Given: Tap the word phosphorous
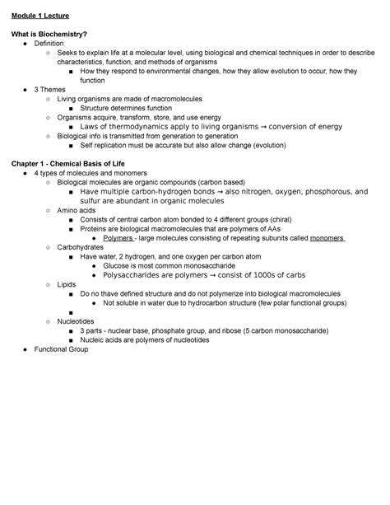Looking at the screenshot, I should coord(323,193).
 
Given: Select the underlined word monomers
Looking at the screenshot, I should coord(321,240).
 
